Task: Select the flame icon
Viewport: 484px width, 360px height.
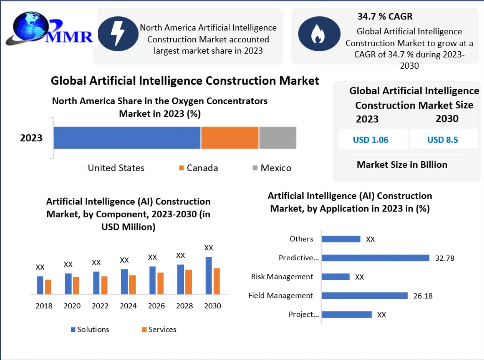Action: click(319, 34)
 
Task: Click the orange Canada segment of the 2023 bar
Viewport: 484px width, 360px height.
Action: click(230, 138)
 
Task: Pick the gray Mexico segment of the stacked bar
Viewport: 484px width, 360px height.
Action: click(278, 138)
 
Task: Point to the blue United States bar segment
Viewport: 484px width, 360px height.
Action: click(127, 138)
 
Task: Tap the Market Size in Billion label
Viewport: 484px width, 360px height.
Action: click(402, 165)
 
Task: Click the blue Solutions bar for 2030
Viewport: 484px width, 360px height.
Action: click(209, 275)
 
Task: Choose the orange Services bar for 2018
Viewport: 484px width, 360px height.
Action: click(48, 287)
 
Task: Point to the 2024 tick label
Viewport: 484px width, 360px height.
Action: click(128, 306)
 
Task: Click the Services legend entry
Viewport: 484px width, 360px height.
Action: click(159, 329)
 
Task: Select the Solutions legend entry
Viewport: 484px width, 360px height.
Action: click(90, 329)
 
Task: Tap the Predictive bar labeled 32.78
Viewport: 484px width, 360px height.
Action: click(375, 258)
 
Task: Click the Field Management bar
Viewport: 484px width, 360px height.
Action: click(365, 296)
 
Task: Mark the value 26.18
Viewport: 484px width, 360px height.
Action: click(423, 296)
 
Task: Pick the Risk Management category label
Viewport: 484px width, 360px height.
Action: click(282, 277)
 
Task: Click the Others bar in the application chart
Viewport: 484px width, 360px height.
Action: click(341, 239)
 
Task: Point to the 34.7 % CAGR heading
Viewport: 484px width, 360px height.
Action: click(385, 17)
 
